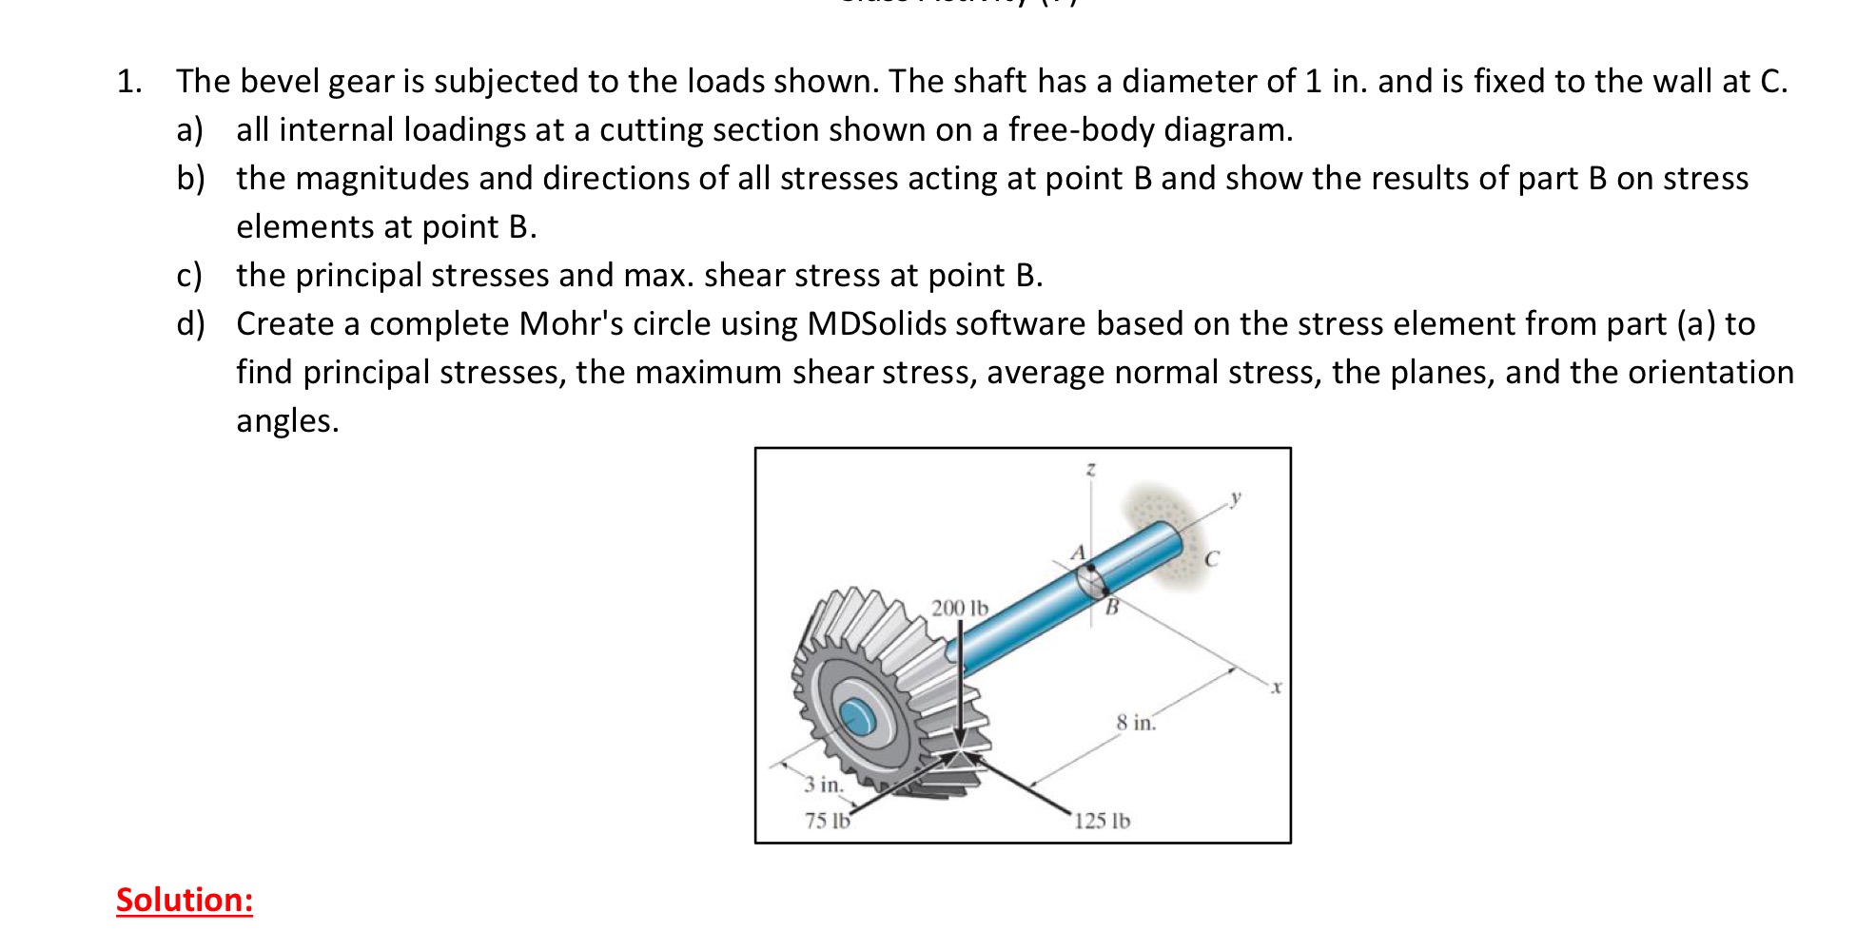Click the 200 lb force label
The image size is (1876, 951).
tap(959, 608)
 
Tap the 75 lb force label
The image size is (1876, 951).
tap(827, 821)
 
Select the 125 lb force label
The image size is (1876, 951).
tap(1102, 821)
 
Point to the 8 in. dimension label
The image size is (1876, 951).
tap(1136, 723)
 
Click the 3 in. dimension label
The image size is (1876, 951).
tap(823, 786)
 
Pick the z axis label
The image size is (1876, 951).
tap(1091, 469)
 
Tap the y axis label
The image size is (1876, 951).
tap(1236, 496)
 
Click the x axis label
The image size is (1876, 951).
tap(1277, 686)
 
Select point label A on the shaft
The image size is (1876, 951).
tap(1078, 553)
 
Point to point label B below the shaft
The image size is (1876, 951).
tap(1111, 606)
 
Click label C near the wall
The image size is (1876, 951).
tap(1211, 559)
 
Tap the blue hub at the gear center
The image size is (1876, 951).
tap(856, 715)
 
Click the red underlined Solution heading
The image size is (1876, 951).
tap(185, 900)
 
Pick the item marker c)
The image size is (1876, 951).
tap(189, 276)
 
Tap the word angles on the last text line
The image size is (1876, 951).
tap(287, 420)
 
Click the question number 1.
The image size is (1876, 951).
tap(128, 82)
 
